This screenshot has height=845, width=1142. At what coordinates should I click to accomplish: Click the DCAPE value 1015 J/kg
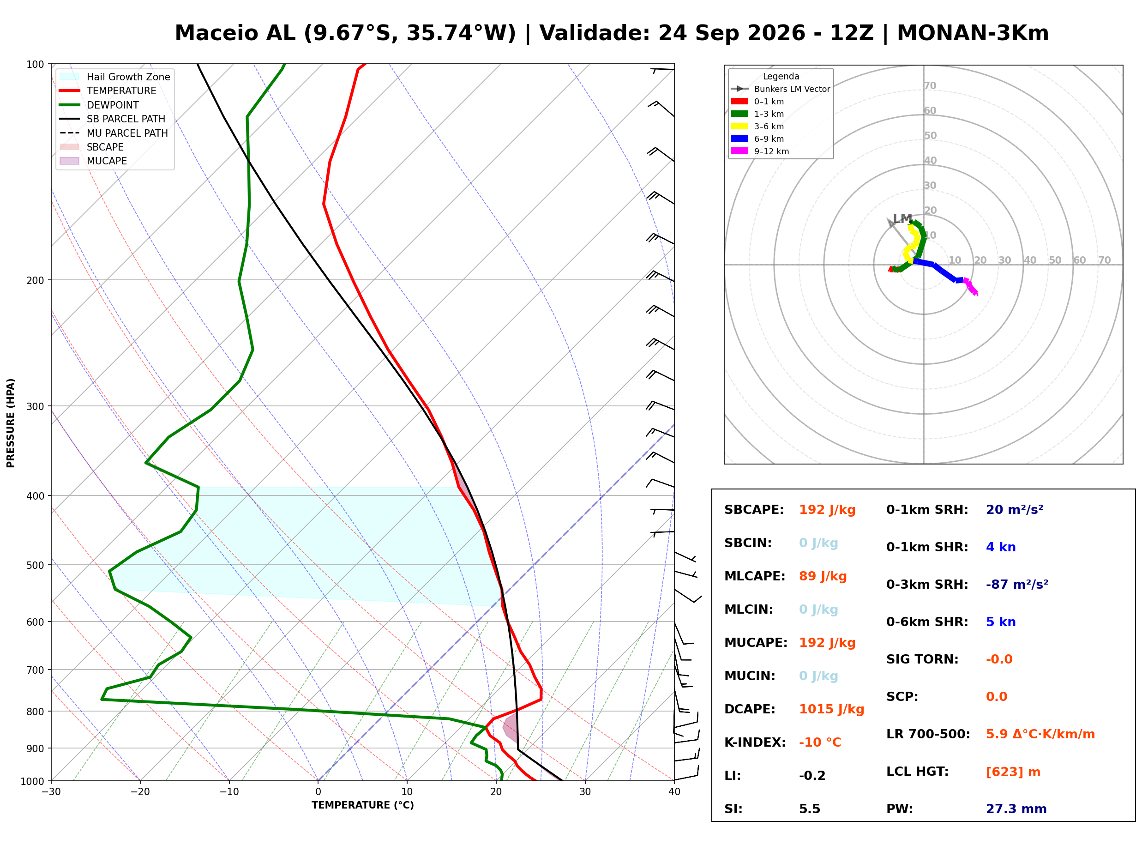[831, 709]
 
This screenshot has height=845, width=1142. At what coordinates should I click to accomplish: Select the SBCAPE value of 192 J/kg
[827, 510]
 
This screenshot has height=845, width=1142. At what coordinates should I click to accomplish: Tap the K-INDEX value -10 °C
[820, 742]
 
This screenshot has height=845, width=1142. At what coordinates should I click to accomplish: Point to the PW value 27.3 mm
[1016, 809]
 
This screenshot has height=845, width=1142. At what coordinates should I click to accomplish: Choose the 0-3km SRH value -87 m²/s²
[1017, 585]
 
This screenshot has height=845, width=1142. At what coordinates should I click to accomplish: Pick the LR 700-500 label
[928, 735]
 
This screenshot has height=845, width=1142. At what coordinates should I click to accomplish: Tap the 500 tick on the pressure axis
[36, 565]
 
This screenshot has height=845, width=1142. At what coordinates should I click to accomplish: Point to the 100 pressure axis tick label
[36, 65]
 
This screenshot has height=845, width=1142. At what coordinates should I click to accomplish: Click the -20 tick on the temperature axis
[140, 792]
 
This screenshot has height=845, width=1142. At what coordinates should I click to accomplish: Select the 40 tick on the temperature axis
[674, 792]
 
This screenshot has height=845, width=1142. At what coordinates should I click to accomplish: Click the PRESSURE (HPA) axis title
[11, 423]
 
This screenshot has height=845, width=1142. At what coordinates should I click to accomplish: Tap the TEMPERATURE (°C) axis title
[363, 805]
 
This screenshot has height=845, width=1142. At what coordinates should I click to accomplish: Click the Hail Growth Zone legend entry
[115, 77]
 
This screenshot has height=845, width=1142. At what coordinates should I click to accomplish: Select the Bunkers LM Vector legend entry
[781, 89]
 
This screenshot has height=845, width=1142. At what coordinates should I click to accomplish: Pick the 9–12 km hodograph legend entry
[761, 151]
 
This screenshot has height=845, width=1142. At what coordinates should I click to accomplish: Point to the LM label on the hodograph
[903, 218]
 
